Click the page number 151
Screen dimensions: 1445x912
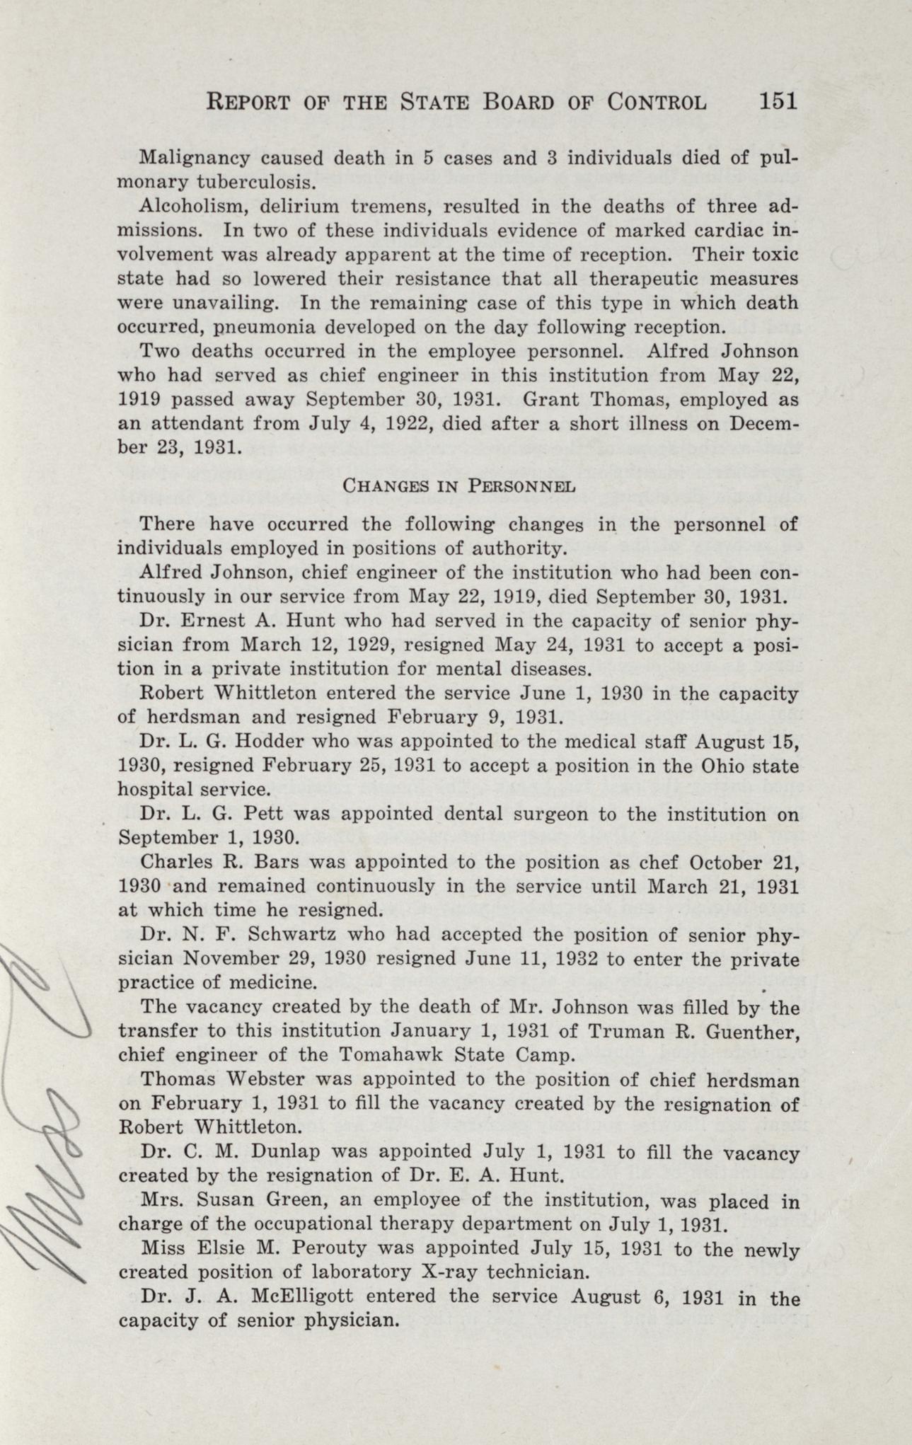(x=778, y=101)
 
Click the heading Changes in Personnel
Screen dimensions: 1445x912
(x=458, y=486)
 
